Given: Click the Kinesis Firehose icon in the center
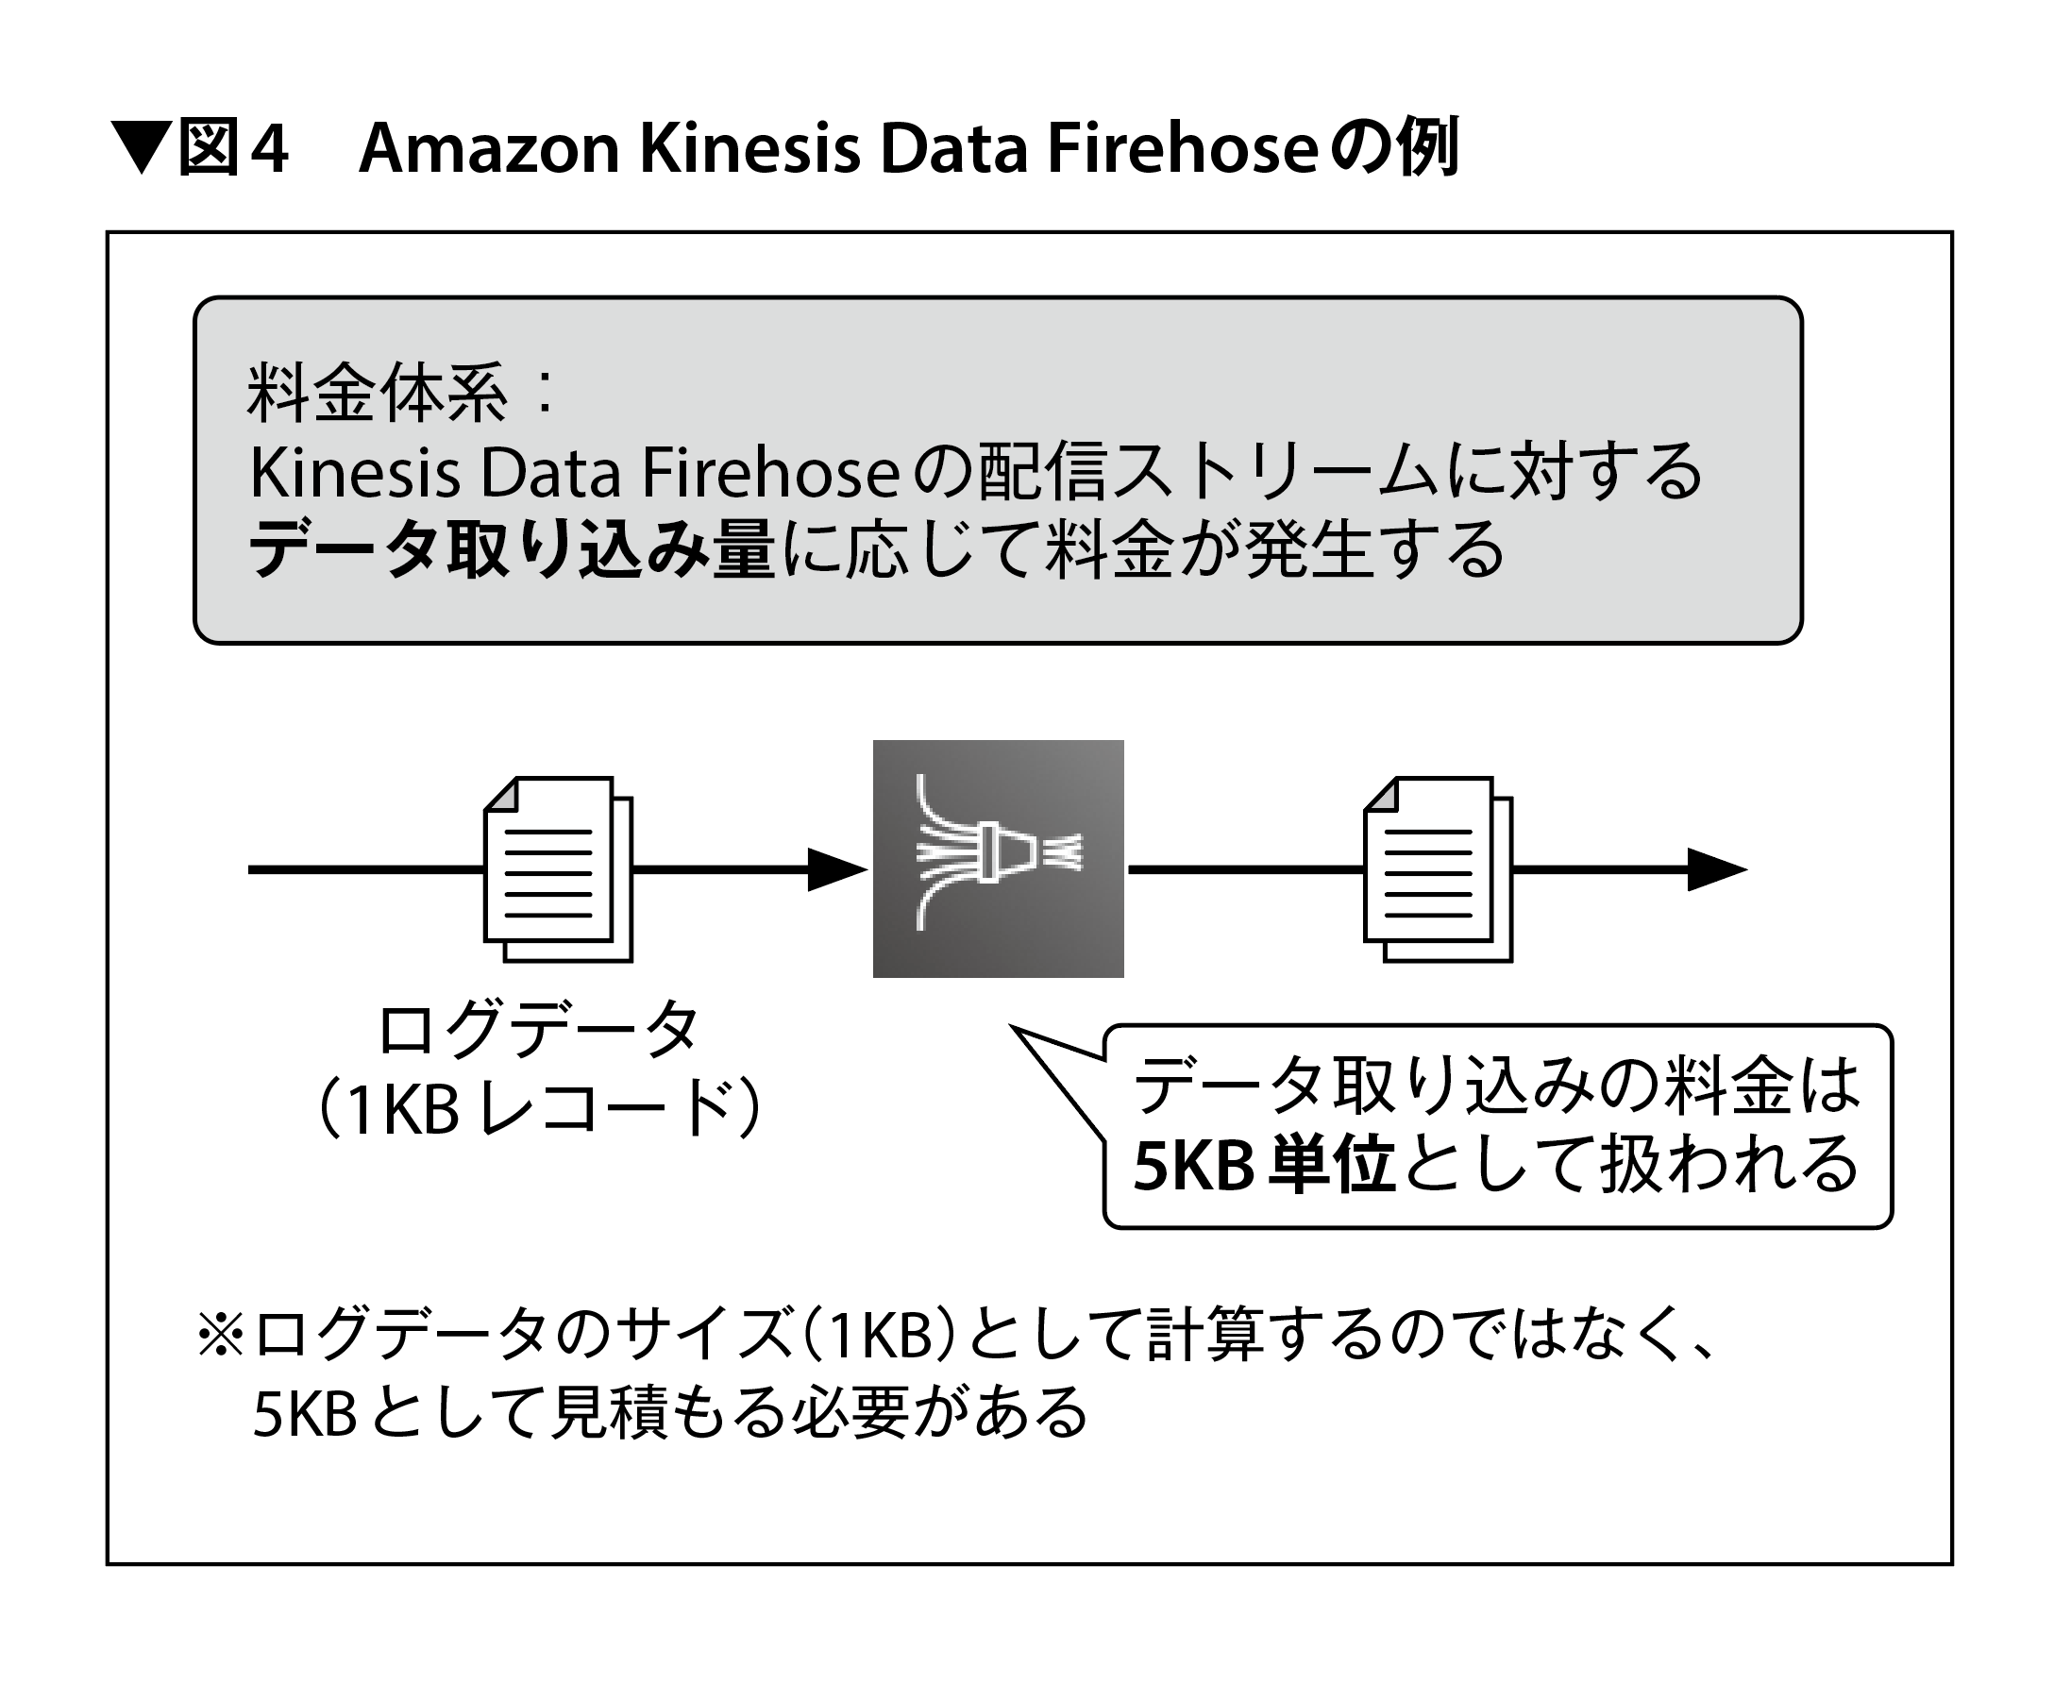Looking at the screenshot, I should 997,858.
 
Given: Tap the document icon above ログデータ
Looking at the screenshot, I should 558,868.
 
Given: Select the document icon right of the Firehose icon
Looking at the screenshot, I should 1438,868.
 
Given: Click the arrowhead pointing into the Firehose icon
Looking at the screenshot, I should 837,869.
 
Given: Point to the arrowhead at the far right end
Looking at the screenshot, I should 1716,869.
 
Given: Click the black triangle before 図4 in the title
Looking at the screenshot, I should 142,147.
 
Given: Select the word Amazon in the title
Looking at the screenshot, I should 489,148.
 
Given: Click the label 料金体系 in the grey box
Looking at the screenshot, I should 377,394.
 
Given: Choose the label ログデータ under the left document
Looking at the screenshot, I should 538,1030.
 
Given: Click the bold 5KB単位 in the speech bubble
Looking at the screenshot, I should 1264,1165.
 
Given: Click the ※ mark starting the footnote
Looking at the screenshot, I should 220,1335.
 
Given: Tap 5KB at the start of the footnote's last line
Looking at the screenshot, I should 305,1413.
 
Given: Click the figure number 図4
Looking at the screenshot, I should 233,148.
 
